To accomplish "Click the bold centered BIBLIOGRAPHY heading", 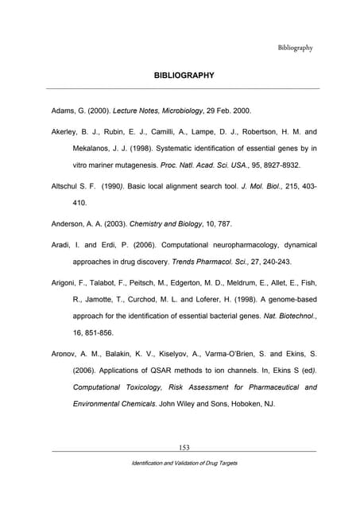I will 184,76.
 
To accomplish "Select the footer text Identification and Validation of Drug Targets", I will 184,463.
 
